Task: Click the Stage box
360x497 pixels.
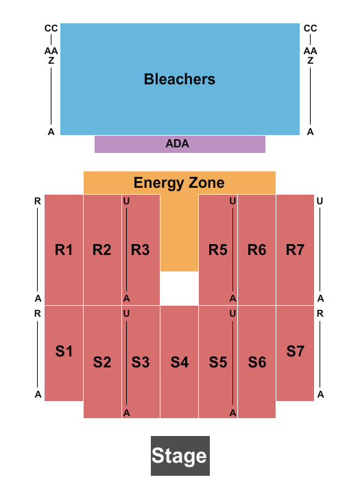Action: [x=180, y=456]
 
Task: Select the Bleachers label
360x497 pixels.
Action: [x=180, y=80]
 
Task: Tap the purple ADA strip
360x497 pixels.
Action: [x=180, y=144]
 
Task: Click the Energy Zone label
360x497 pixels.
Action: [x=179, y=183]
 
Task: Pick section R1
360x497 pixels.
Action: [x=64, y=250]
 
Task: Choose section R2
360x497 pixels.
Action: [x=102, y=250]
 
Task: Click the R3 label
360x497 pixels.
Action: [x=141, y=250]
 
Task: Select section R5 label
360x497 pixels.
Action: [x=218, y=250]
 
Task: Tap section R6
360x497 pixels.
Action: [x=257, y=250]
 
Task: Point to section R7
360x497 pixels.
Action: [x=296, y=250]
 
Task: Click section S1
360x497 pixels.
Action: [x=64, y=352]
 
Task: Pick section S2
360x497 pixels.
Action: [x=102, y=361]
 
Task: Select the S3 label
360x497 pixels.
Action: [x=141, y=361]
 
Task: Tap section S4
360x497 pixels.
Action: [x=180, y=361]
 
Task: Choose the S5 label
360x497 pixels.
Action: [x=218, y=361]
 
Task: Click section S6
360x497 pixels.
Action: [x=257, y=361]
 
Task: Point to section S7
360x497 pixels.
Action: [x=296, y=352]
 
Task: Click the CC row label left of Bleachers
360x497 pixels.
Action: [x=51, y=28]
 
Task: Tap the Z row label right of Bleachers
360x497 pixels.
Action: [x=311, y=60]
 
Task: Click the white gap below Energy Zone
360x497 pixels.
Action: [x=179, y=288]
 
